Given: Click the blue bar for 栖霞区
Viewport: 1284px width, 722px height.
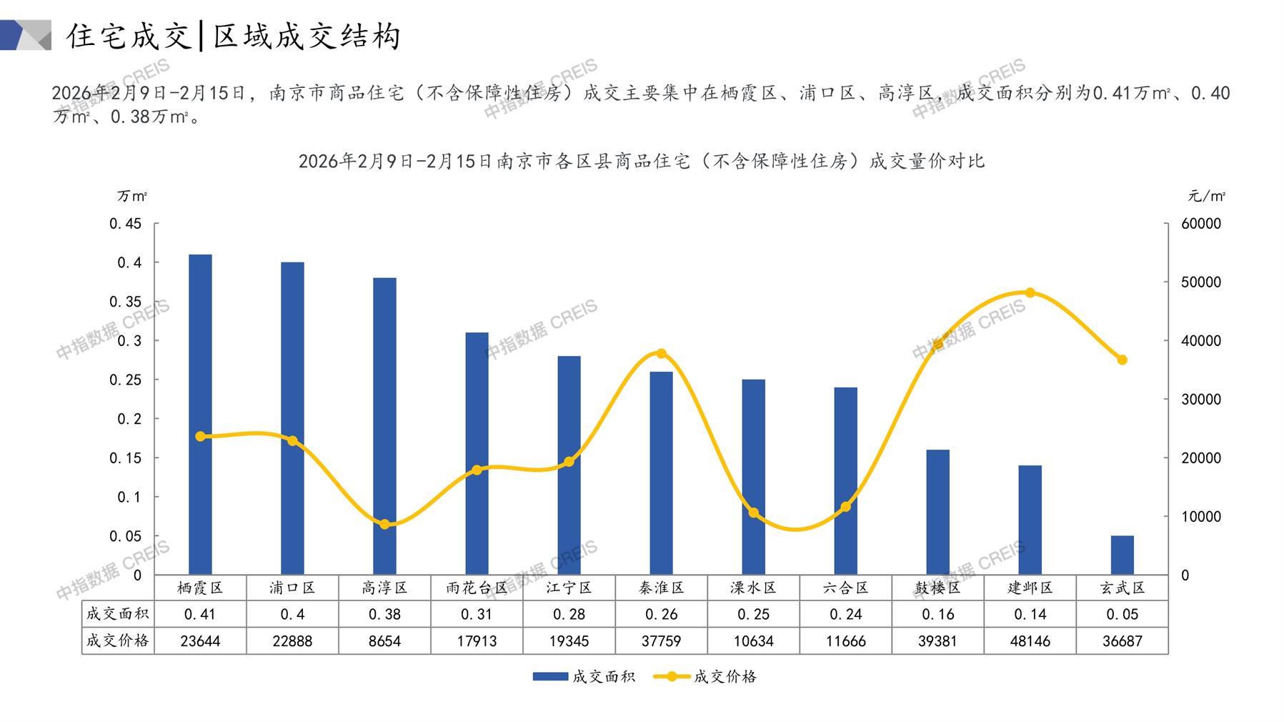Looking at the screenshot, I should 200,415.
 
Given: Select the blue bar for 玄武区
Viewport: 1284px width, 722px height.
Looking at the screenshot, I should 1122,555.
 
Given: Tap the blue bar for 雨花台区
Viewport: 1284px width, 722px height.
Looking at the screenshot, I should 477,453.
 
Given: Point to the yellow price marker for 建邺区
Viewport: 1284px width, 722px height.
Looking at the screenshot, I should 1030,292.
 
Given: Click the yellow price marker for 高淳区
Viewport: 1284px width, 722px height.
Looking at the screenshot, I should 384,524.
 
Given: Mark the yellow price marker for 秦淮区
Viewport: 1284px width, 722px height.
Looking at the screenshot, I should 661,354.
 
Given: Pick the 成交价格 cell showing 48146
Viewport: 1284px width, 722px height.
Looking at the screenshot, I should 1030,641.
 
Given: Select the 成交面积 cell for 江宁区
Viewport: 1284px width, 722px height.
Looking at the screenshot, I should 569,614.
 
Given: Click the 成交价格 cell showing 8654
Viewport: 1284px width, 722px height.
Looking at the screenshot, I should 384,641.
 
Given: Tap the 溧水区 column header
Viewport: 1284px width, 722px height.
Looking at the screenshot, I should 753,588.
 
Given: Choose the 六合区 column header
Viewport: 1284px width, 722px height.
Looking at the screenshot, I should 845,588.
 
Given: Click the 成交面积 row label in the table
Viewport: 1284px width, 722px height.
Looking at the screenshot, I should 117,614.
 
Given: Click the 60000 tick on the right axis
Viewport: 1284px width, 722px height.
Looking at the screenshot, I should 1201,224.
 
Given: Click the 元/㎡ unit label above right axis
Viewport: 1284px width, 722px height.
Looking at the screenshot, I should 1206,196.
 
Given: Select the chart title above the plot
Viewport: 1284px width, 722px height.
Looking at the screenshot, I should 641,161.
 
